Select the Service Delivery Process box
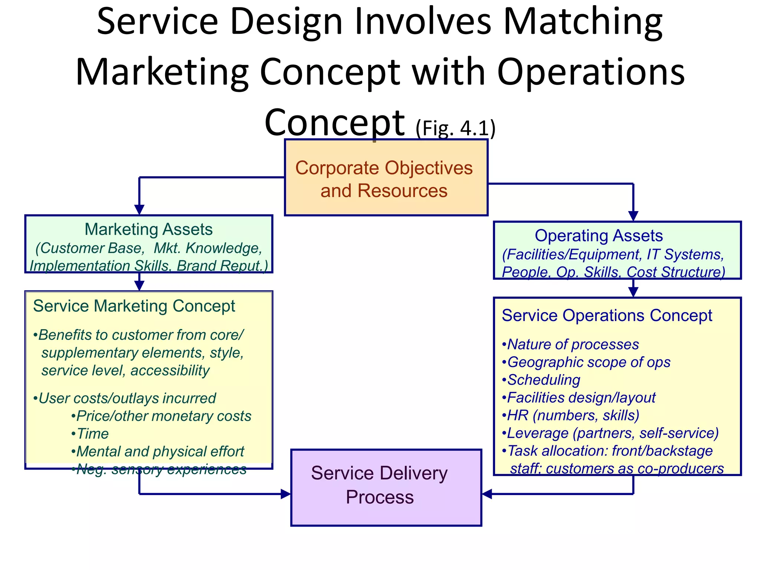[x=386, y=487]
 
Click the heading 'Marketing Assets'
[x=148, y=229]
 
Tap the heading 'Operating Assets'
[x=599, y=236]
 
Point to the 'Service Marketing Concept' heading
[x=134, y=306]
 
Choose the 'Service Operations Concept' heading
[x=607, y=316]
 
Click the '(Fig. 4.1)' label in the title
[x=455, y=128]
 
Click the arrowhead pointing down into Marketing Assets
[x=139, y=210]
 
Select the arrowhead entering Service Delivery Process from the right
[x=487, y=494]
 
